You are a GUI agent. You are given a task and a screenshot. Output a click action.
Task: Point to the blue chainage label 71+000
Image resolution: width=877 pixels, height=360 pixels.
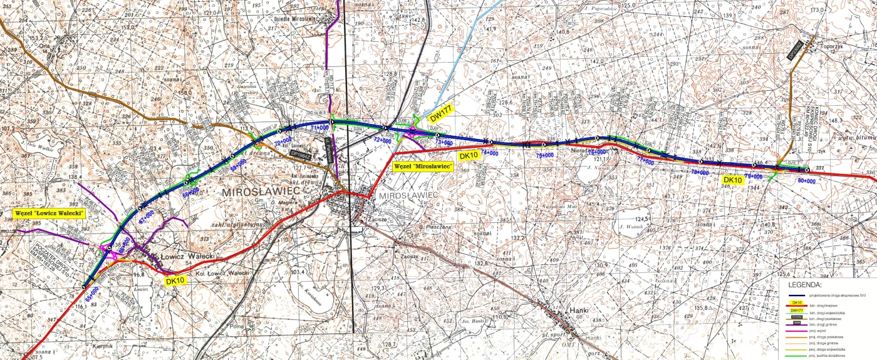coord(319,127)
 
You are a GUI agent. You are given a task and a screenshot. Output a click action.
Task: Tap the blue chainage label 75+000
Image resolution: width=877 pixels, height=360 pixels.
coord(544,155)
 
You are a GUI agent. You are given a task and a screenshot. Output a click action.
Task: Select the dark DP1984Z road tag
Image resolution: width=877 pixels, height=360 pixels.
coord(300,152)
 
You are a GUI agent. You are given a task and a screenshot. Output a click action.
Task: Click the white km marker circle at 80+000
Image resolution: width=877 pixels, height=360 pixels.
coord(807,170)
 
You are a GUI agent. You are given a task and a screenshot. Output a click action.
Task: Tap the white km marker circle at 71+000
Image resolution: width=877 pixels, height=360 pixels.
coord(331,121)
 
